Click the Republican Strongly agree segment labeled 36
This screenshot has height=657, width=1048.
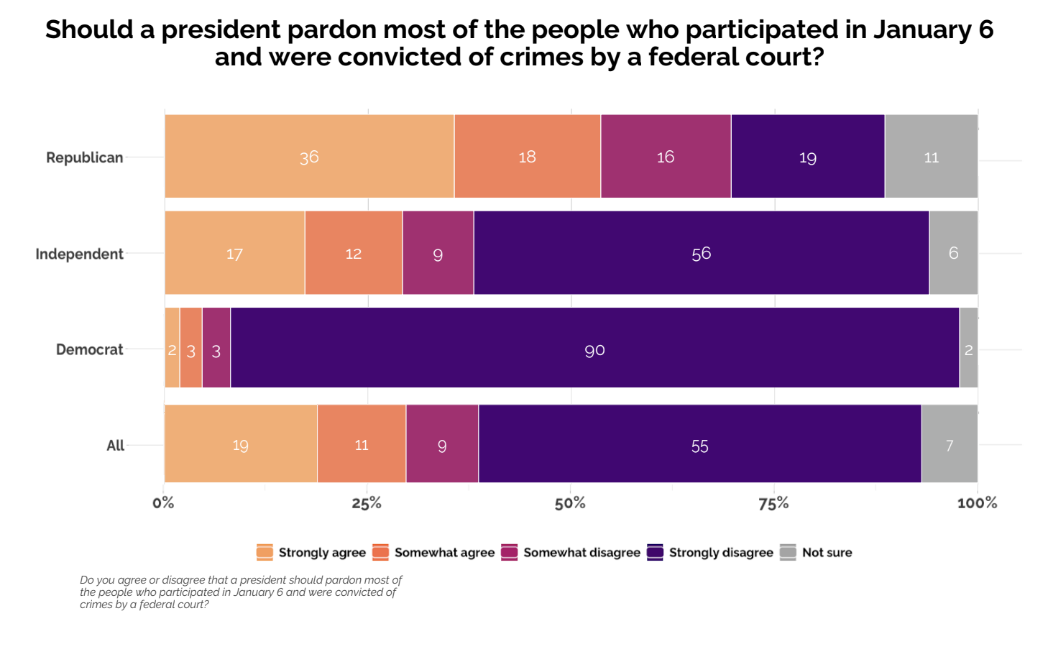pyautogui.click(x=309, y=156)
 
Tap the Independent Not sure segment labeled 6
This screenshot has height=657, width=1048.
pyautogui.click(x=953, y=252)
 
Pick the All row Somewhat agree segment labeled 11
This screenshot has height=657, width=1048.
pyautogui.click(x=362, y=444)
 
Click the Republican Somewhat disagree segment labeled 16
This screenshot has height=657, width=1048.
pyautogui.click(x=666, y=156)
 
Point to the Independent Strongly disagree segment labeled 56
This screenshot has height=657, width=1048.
pyautogui.click(x=701, y=252)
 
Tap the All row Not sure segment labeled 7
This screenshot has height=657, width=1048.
pyautogui.click(x=949, y=444)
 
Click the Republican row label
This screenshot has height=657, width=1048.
pyautogui.click(x=85, y=157)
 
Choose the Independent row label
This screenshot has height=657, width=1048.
pyautogui.click(x=79, y=254)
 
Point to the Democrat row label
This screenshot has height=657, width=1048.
pyautogui.click(x=90, y=349)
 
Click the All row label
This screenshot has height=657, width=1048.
pyautogui.click(x=115, y=446)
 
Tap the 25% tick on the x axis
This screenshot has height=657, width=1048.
pyautogui.click(x=367, y=503)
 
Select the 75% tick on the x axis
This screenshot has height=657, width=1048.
pyautogui.click(x=773, y=503)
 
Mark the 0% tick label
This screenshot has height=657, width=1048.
pyautogui.click(x=164, y=503)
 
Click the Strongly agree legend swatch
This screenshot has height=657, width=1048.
pyautogui.click(x=265, y=552)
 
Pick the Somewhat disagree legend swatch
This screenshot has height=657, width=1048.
pyautogui.click(x=510, y=552)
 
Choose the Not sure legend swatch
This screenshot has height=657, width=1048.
pyautogui.click(x=788, y=552)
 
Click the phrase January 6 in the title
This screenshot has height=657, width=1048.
pyautogui.click(x=933, y=29)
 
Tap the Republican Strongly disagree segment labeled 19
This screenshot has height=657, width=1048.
pyautogui.click(x=807, y=156)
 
